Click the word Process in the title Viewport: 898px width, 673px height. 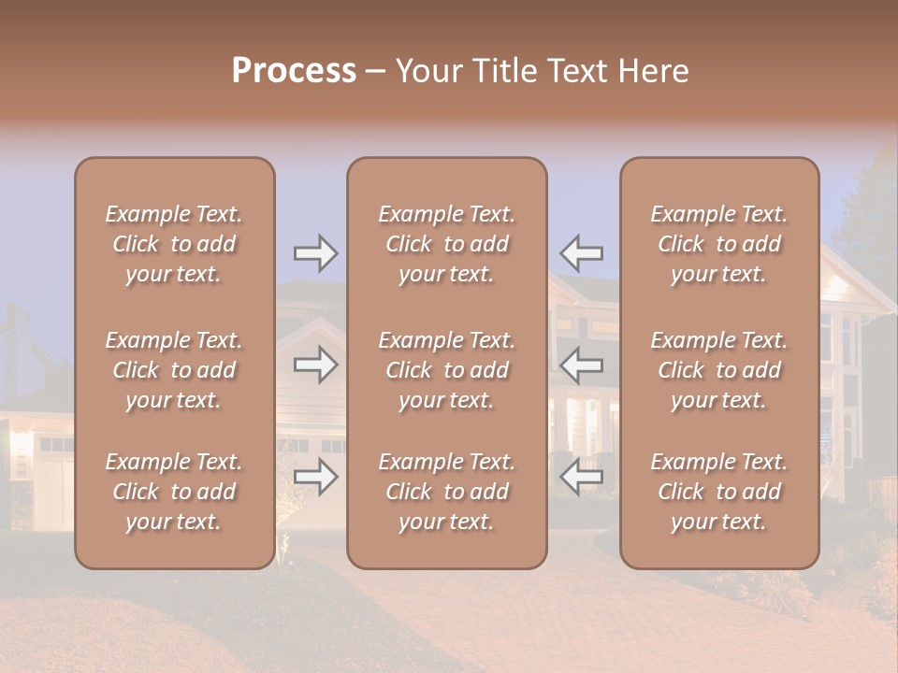(x=294, y=70)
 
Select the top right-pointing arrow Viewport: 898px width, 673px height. (x=315, y=252)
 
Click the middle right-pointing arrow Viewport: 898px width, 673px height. (x=315, y=365)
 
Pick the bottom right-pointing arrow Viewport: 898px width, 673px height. (x=315, y=477)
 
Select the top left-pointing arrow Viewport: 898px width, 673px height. (x=581, y=252)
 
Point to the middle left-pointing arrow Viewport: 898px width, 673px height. (x=581, y=365)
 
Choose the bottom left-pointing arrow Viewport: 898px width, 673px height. (x=581, y=477)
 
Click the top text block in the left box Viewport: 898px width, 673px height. (x=174, y=244)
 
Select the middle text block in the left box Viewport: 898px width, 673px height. (x=174, y=370)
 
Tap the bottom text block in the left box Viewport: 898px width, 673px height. (x=174, y=492)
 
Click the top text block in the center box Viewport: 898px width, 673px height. (x=446, y=244)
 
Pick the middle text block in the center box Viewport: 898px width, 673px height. (x=446, y=370)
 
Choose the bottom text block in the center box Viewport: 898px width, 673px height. (x=446, y=492)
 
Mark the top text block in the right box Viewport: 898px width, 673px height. (x=718, y=244)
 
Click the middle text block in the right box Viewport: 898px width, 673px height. (x=718, y=370)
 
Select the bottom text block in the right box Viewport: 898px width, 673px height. (x=718, y=492)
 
